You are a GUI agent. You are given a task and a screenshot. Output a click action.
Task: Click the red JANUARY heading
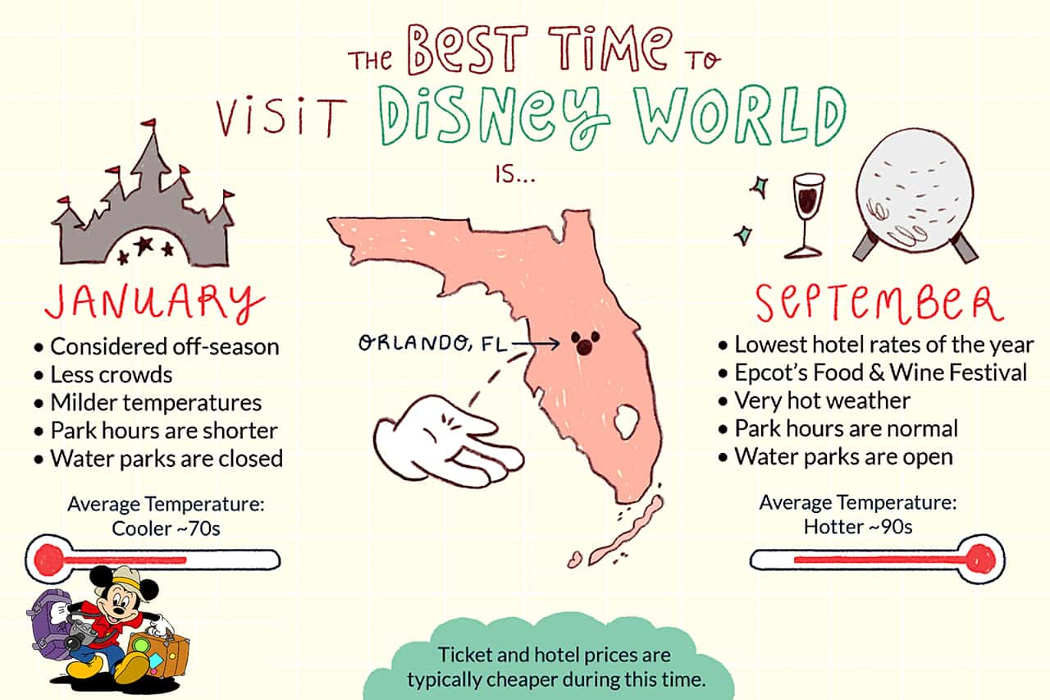coord(155,303)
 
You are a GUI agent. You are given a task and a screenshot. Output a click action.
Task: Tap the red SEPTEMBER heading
coord(879,303)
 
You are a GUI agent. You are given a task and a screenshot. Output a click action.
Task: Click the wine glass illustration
coord(807,216)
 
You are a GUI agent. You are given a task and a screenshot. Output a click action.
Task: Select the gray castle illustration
coord(143,206)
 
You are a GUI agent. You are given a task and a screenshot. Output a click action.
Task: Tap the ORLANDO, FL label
coord(432,343)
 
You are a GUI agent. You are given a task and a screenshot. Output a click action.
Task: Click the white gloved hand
coord(448,442)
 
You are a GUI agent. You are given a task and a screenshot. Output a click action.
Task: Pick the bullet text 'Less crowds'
coord(111,374)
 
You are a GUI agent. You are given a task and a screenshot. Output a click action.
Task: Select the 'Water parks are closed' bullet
coord(167,459)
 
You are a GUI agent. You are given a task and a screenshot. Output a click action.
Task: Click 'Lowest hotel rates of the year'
coord(883,345)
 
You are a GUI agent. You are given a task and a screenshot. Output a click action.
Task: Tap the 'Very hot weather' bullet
coord(822,400)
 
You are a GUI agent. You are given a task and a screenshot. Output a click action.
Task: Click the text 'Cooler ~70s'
coord(166,528)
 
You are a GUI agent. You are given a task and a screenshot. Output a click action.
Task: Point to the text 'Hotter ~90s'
coord(858,527)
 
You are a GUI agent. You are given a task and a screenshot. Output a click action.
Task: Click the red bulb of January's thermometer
coord(48,560)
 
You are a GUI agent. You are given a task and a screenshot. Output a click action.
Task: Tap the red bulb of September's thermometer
coord(980,559)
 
